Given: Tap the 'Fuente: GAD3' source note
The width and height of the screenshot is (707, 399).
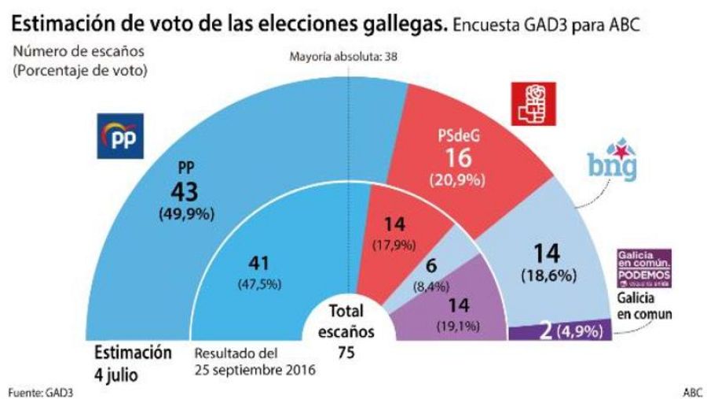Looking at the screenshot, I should pyautogui.click(x=35, y=390).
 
